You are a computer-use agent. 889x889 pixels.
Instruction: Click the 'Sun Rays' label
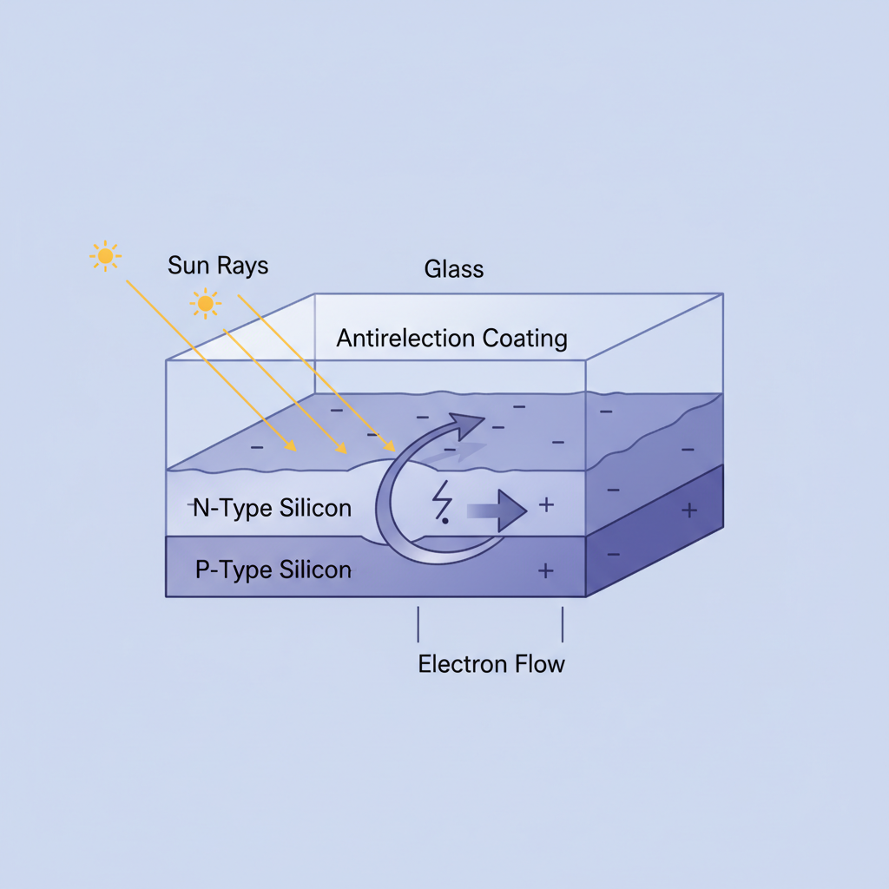coord(218,265)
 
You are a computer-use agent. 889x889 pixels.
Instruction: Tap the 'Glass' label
coord(453,269)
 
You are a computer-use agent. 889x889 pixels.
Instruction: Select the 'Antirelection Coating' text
coord(451,339)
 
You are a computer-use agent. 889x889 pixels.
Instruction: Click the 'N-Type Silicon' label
coord(272,509)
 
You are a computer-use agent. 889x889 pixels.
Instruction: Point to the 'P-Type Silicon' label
coord(273,570)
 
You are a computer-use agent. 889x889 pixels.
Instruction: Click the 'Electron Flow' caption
coord(491,665)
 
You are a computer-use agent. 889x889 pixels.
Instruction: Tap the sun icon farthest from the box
coord(106,256)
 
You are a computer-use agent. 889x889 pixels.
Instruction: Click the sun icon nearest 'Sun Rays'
coord(206,304)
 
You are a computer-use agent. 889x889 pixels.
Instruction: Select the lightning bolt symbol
coord(443,504)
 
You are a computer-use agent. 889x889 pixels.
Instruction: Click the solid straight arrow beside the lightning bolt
coord(498,510)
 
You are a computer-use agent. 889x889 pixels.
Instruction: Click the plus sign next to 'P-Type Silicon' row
coord(546,570)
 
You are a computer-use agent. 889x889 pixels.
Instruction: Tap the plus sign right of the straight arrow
coord(546,504)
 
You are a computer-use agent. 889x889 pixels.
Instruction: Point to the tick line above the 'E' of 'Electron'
coord(418,623)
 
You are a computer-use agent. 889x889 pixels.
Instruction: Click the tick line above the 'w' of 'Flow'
coord(563,623)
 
